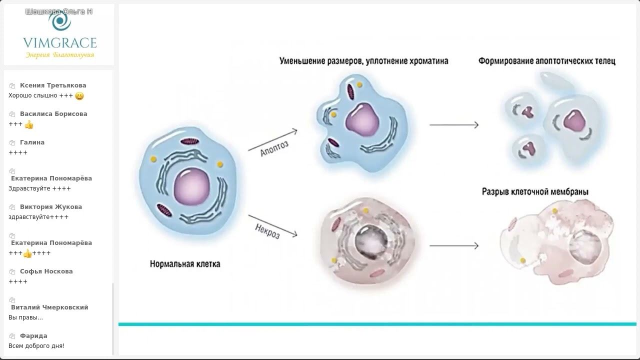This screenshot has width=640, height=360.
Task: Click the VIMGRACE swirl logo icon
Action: coord(59,21)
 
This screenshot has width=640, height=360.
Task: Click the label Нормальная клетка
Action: coord(185,263)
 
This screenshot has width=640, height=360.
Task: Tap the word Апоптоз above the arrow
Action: coord(274,148)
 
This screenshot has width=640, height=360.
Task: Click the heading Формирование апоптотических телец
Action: coord(546,61)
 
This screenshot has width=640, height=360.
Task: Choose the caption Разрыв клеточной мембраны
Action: coord(535,191)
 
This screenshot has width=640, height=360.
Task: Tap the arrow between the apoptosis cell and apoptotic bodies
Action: coord(453,124)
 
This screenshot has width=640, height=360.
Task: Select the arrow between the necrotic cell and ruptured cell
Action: coord(453,245)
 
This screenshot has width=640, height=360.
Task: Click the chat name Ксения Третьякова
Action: coord(53,85)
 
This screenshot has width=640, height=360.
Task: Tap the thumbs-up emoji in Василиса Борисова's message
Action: coord(29,124)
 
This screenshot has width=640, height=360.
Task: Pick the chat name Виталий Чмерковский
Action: coord(49,307)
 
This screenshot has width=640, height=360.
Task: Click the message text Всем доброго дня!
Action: coord(36,346)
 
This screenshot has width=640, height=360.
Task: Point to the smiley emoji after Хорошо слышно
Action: coord(79,96)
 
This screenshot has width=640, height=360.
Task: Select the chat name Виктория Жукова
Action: coord(51,207)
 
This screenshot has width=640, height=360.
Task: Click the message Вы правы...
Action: coord(25,317)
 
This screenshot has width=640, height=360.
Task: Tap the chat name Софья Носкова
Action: coord(46,271)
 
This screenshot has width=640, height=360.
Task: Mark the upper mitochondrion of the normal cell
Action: coord(190,142)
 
